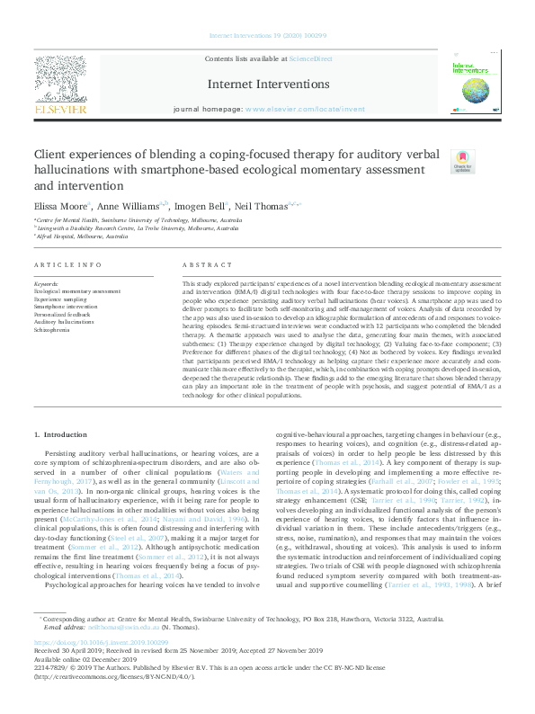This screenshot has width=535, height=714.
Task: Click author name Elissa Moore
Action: [57, 205]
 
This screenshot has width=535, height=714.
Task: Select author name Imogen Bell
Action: [201, 205]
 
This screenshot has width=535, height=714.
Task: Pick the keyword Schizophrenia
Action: [53, 329]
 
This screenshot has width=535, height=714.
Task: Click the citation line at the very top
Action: [267, 36]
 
